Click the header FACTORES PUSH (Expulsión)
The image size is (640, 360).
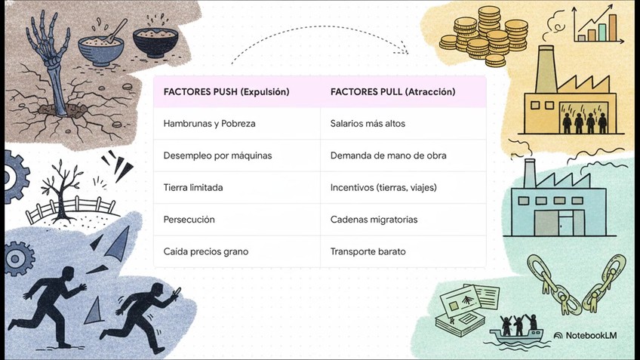click(x=226, y=91)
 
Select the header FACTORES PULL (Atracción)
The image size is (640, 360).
click(x=392, y=91)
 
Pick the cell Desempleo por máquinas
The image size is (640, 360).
click(x=217, y=155)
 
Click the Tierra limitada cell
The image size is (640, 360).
click(x=193, y=187)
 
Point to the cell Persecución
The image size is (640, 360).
click(x=189, y=220)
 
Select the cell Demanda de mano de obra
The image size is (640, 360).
click(x=388, y=155)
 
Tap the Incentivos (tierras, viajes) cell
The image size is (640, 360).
click(x=383, y=187)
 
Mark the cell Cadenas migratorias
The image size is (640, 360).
click(x=374, y=220)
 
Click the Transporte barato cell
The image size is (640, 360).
click(x=368, y=251)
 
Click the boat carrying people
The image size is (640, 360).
click(x=516, y=332)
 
